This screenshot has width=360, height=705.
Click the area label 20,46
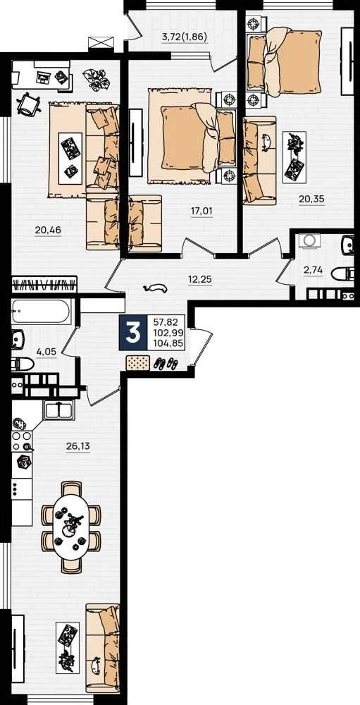point(48,231)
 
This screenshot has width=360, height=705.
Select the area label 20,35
point(312,199)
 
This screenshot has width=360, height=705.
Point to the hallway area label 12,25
point(200,279)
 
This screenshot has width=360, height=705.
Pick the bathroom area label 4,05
point(46,352)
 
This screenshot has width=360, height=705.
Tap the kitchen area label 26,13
point(79,446)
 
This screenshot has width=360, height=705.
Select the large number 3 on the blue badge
point(132,333)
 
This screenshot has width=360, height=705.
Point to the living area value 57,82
point(166,322)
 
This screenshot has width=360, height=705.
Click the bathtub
point(41,311)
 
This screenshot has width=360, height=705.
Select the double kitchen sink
point(59,410)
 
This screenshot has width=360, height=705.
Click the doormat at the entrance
point(137,362)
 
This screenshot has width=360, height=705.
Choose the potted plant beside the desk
point(96,79)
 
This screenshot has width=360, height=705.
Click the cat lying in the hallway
point(155,288)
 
